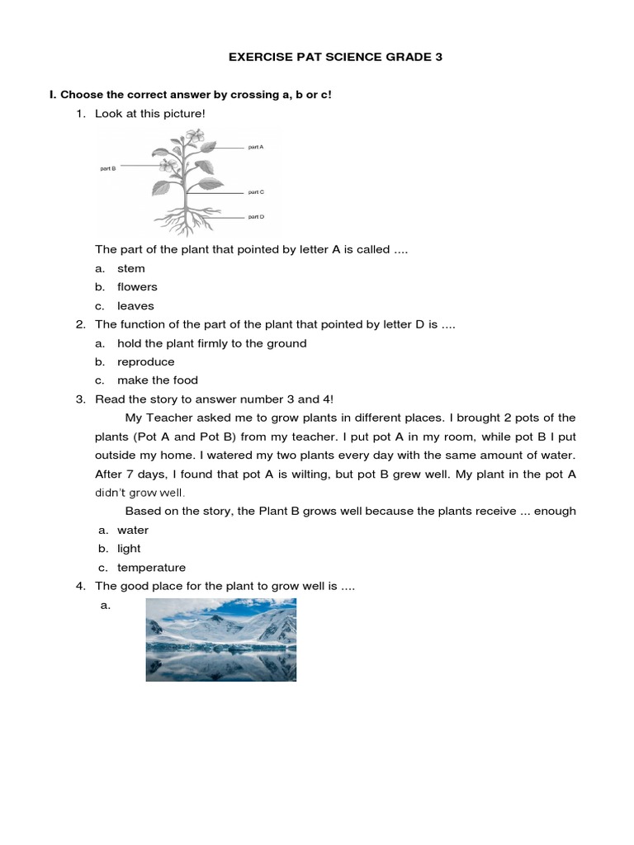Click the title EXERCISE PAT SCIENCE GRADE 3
pyautogui.click(x=317, y=59)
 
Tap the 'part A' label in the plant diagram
pyautogui.click(x=256, y=147)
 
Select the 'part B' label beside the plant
pyautogui.click(x=108, y=168)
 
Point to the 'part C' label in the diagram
pyautogui.click(x=256, y=191)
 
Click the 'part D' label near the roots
pyautogui.click(x=256, y=217)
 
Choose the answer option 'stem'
pyautogui.click(x=130, y=268)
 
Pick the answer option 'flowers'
pyautogui.click(x=137, y=287)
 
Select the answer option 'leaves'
pyautogui.click(x=135, y=306)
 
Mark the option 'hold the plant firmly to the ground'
pyautogui.click(x=211, y=343)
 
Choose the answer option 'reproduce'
pyautogui.click(x=146, y=362)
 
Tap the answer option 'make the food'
pyautogui.click(x=158, y=380)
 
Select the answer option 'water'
pyautogui.click(x=133, y=531)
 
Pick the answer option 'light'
pyautogui.click(x=129, y=549)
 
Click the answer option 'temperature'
pyautogui.click(x=151, y=568)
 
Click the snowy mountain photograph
pyautogui.click(x=220, y=640)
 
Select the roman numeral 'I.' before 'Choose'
pyautogui.click(x=53, y=95)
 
